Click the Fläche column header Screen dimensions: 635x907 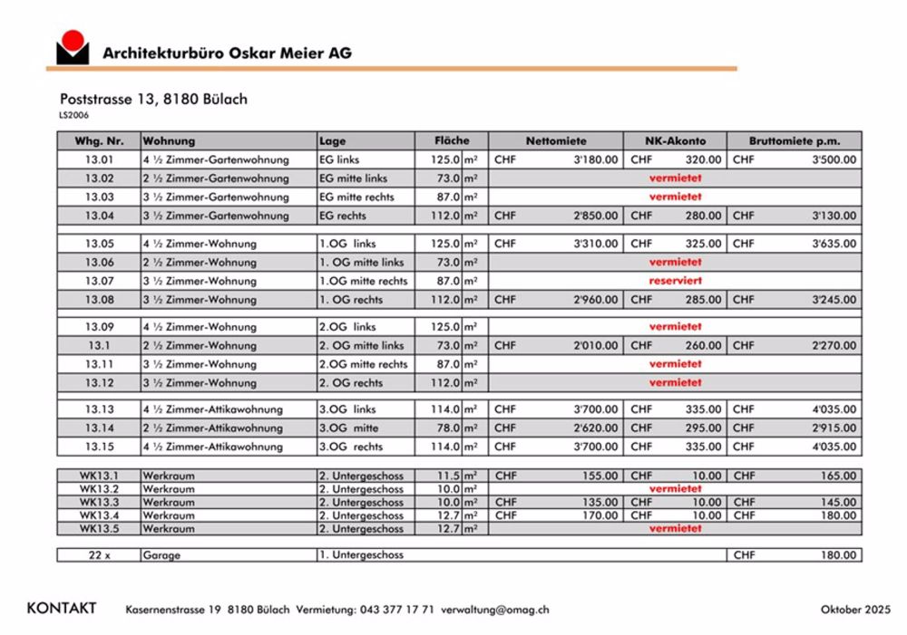tap(452, 141)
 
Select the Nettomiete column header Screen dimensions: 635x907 tap(556, 141)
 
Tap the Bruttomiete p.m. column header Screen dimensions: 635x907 tap(794, 141)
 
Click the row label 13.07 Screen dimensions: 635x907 tap(100, 281)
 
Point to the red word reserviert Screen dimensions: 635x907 tap(675, 281)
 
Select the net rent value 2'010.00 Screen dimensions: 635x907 tap(596, 345)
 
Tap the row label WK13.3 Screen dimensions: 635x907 tap(99, 502)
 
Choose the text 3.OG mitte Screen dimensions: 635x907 tap(348, 428)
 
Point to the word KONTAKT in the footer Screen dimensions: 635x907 tap(62, 609)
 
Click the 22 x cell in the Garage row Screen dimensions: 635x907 tap(99, 555)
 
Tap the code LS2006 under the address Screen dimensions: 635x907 tap(74, 115)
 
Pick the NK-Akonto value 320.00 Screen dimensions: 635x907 tap(703, 159)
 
